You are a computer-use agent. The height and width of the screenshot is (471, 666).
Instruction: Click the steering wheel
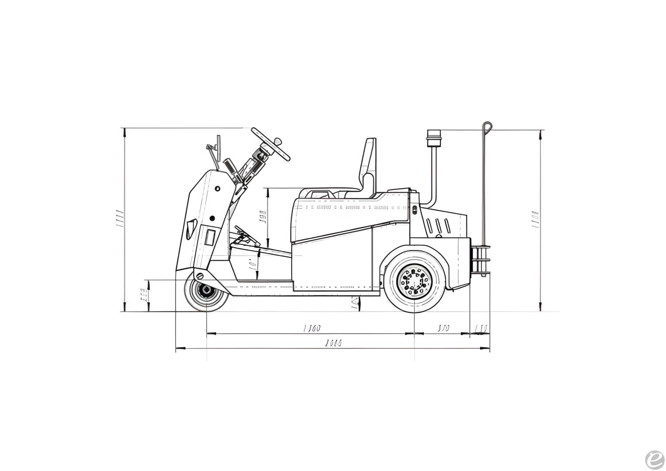tap(271, 144)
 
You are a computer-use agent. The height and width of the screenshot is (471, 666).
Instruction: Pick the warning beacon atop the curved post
tap(434, 138)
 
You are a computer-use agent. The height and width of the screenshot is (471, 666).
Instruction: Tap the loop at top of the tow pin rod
tap(487, 126)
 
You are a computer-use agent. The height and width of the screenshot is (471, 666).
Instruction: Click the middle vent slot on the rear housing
tap(438, 226)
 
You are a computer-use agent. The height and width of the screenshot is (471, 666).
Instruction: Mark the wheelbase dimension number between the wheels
tap(312, 328)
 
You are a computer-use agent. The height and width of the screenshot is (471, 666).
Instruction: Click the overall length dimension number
tap(333, 343)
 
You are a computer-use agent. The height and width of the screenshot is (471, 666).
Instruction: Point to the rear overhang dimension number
tap(443, 328)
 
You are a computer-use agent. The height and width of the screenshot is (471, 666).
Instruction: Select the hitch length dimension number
tap(480, 328)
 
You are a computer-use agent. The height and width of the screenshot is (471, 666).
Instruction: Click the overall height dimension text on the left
tap(119, 218)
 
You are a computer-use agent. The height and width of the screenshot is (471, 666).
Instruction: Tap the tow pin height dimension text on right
tap(535, 220)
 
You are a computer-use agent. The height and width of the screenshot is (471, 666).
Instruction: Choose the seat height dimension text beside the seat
tap(263, 217)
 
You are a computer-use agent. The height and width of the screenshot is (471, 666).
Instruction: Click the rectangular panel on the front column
tap(210, 238)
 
